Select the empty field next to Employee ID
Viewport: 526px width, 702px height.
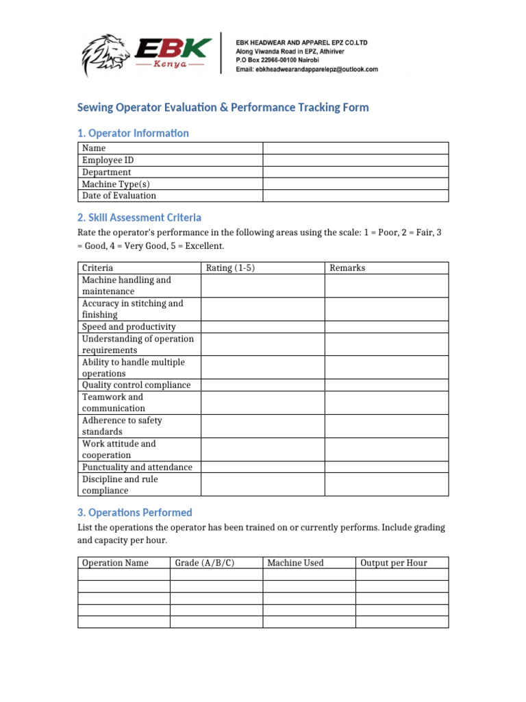tap(355, 160)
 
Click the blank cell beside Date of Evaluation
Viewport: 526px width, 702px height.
tap(355, 195)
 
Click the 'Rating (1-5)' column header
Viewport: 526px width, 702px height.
tap(230, 268)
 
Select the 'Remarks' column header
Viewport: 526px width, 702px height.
tap(348, 268)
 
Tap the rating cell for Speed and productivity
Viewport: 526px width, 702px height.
tap(262, 327)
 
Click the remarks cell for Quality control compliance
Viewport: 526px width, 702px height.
tap(386, 385)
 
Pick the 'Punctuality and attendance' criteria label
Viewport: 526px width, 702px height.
tap(137, 467)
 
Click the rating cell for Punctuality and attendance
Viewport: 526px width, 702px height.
tap(262, 467)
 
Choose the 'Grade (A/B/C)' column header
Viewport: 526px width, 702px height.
tap(205, 563)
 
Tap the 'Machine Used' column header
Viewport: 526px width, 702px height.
tap(295, 563)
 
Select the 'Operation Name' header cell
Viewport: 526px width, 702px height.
tap(115, 563)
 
